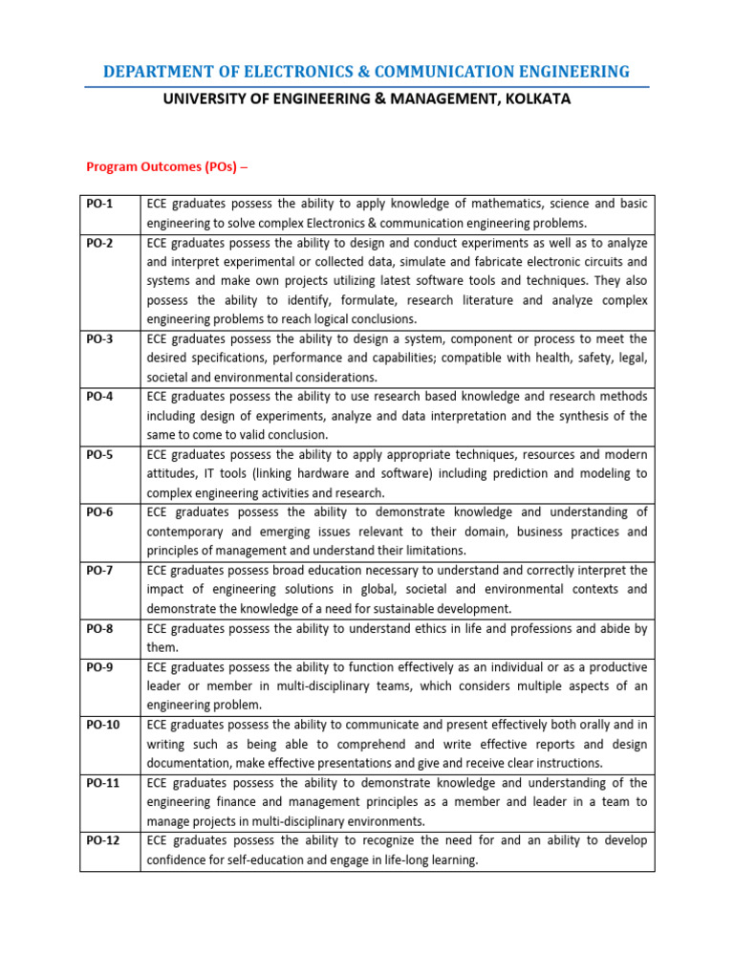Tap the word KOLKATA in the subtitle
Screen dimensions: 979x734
click(x=536, y=98)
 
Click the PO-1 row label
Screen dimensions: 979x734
click(x=99, y=204)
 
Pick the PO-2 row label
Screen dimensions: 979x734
click(x=99, y=243)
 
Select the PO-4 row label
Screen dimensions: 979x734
click(x=99, y=397)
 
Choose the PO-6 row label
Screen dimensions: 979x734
click(x=99, y=512)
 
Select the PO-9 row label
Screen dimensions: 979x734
click(x=99, y=666)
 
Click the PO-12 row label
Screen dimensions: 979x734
click(x=102, y=840)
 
